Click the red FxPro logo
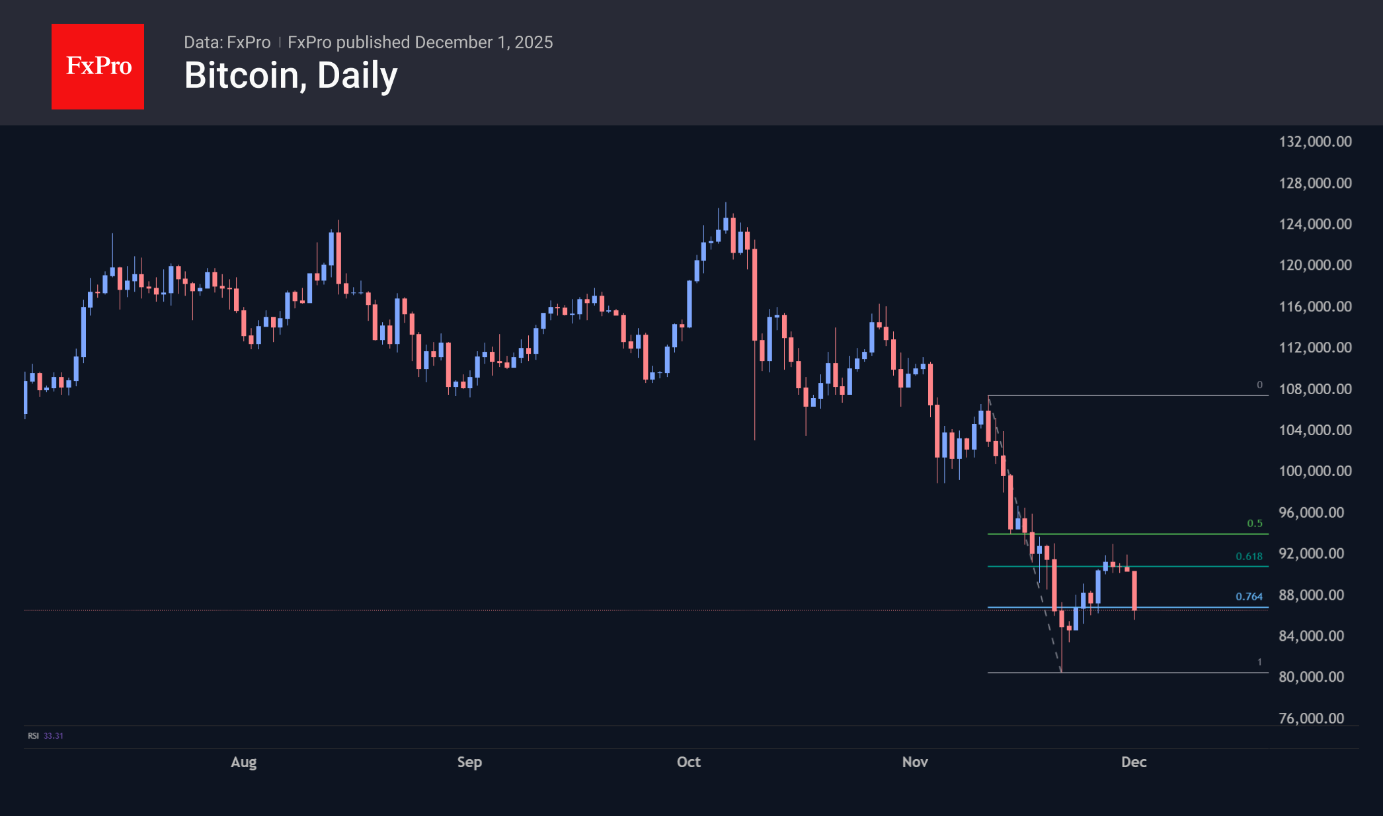[98, 66]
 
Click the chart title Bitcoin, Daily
[291, 75]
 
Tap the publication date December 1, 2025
[484, 42]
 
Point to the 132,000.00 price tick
[1315, 142]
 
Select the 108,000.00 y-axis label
[1315, 389]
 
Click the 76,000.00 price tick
[1311, 718]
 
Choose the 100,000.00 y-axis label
[1315, 471]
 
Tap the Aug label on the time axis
[243, 762]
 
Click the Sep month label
[469, 762]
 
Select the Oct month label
[688, 762]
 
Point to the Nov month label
[915, 762]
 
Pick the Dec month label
[1134, 762]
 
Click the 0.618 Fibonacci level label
[1249, 556]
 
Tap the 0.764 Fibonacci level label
[1249, 596]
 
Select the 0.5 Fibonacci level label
[1254, 523]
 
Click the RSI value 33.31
[54, 735]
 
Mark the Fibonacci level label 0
[1259, 385]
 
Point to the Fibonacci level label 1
[1259, 662]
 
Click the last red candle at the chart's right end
[1134, 590]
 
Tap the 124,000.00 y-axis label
[1315, 224]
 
